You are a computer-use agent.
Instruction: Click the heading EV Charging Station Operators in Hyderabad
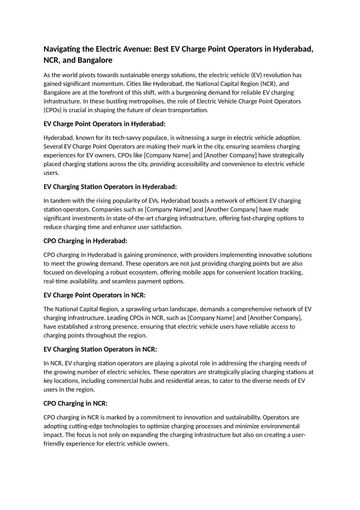tap(110, 187)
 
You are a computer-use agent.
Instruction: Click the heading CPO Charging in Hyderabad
tap(85, 241)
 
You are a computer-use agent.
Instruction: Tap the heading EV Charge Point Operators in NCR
tap(94, 295)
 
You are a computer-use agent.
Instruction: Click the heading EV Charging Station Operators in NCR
tap(100, 349)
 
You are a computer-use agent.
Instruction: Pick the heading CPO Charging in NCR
tap(75, 403)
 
